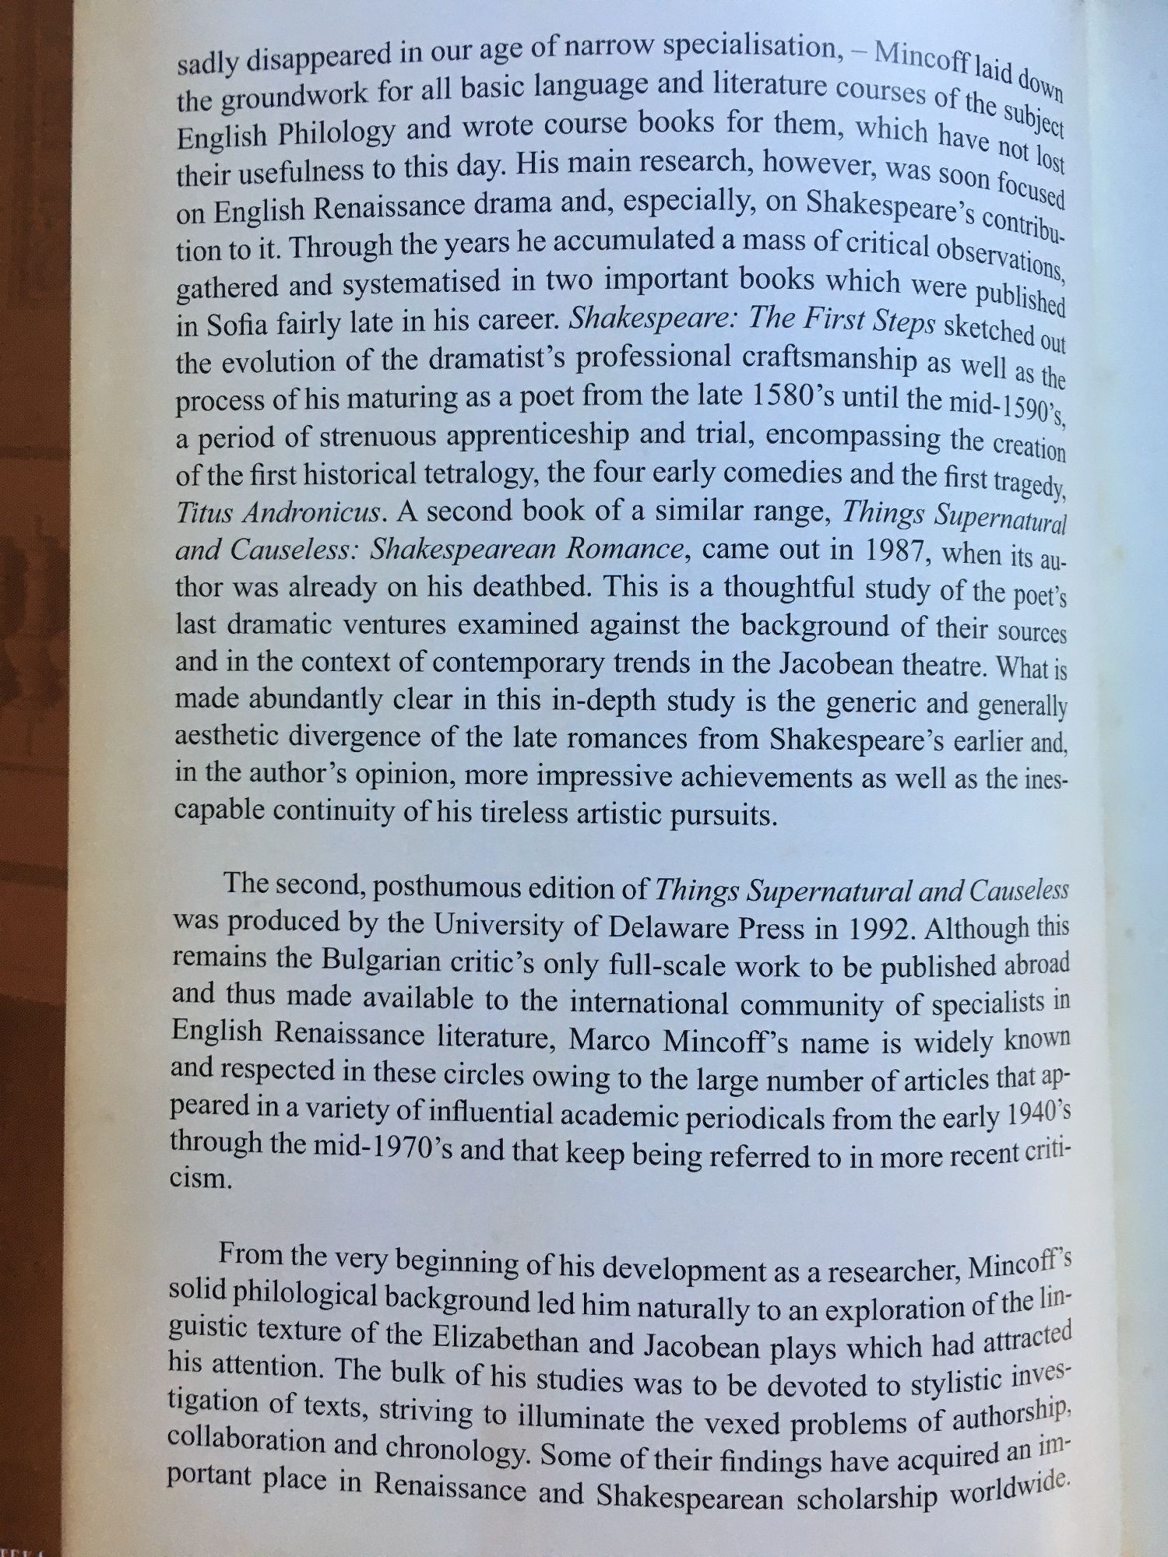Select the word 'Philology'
(x=333, y=134)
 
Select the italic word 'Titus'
(x=204, y=512)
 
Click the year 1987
(x=893, y=551)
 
